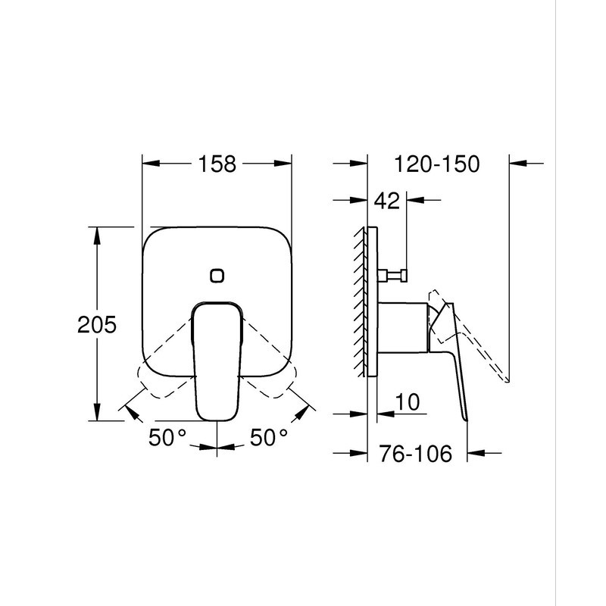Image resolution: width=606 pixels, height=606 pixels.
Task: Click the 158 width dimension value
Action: coord(217,164)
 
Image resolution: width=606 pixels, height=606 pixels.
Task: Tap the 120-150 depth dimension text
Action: coord(437,164)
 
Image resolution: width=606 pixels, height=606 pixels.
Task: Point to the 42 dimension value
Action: coord(387,201)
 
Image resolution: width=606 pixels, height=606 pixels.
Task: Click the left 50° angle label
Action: coord(167,437)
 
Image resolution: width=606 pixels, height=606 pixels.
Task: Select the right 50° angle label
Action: coord(270,437)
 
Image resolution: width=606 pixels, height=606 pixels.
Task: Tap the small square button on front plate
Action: coord(217,275)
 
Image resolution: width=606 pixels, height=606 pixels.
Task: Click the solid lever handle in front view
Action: coord(217,364)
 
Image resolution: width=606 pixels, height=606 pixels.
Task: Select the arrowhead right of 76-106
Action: coord(476,454)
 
